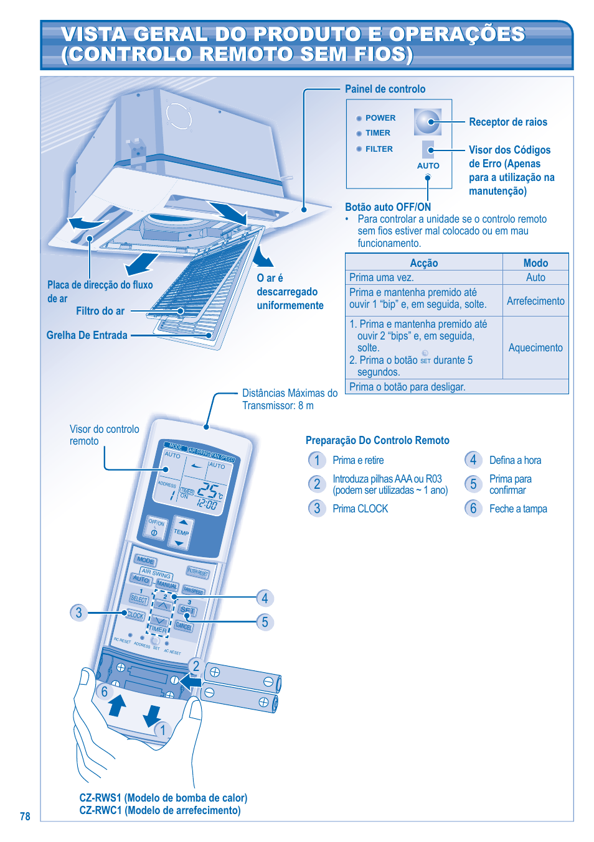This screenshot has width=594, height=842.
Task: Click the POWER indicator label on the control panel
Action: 380,118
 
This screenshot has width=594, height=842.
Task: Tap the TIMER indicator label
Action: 377,133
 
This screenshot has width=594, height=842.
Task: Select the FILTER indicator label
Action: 379,149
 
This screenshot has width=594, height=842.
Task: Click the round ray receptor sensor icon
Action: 427,122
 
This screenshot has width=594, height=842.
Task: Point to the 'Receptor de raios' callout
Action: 507,123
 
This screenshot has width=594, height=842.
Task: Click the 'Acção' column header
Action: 423,263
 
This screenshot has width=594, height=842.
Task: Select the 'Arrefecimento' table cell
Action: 535,301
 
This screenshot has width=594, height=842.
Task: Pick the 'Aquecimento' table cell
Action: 535,348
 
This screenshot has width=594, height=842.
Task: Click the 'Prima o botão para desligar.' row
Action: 407,387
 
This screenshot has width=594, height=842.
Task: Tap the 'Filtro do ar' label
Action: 100,311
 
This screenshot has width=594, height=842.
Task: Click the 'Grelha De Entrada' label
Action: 87,335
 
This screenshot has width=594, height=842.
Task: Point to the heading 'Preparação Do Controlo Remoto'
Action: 377,440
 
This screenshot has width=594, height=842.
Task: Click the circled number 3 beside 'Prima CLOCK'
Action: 317,509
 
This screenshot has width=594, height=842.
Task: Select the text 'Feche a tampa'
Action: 517,509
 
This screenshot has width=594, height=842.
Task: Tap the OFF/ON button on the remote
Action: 156,527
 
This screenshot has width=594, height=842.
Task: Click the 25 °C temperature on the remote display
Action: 209,491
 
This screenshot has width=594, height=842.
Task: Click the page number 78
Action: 25,817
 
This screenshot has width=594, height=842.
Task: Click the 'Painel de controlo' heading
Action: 385,89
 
